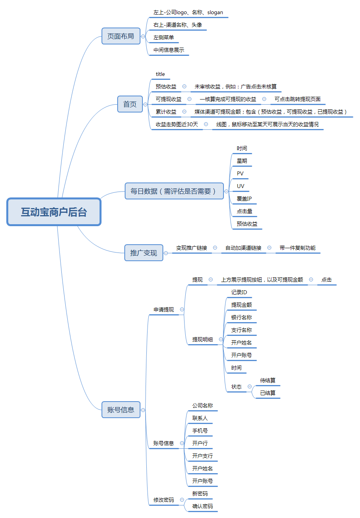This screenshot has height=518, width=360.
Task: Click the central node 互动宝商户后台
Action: tap(54, 212)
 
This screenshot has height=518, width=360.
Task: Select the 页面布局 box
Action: tap(121, 36)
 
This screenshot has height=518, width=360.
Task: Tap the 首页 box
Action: tap(130, 104)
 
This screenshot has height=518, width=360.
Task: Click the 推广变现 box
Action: tap(144, 253)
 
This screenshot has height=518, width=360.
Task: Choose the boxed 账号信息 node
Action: tap(121, 410)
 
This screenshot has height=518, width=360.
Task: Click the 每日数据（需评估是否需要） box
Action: tap(174, 191)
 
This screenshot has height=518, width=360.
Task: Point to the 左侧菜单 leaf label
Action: tap(164, 37)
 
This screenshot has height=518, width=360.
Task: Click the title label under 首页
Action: tap(161, 74)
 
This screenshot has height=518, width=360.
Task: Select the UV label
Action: tap(240, 186)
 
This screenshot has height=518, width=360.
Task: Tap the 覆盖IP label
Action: tap(244, 199)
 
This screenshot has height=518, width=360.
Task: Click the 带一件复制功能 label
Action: tap(297, 248)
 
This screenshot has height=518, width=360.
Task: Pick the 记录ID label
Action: tap(239, 292)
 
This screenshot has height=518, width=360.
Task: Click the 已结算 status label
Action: tap(268, 393)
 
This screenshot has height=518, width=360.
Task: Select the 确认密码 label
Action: tap(203, 506)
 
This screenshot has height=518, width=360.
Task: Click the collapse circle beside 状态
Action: tap(250, 386)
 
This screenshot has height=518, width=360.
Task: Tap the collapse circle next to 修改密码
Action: tap(182, 500)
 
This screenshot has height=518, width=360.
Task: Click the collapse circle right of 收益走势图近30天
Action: tap(206, 124)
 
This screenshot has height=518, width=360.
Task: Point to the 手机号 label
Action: tap(200, 431)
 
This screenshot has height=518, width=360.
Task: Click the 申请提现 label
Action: tap(164, 310)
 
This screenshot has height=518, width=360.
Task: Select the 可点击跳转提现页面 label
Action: tap(297, 99)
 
